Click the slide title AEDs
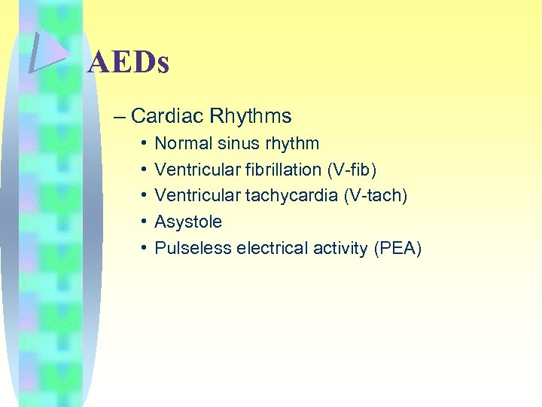[128, 63]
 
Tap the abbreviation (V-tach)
[375, 196]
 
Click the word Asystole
[188, 222]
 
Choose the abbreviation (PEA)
[397, 249]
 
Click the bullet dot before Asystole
[143, 222]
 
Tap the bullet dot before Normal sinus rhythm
[143, 143]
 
